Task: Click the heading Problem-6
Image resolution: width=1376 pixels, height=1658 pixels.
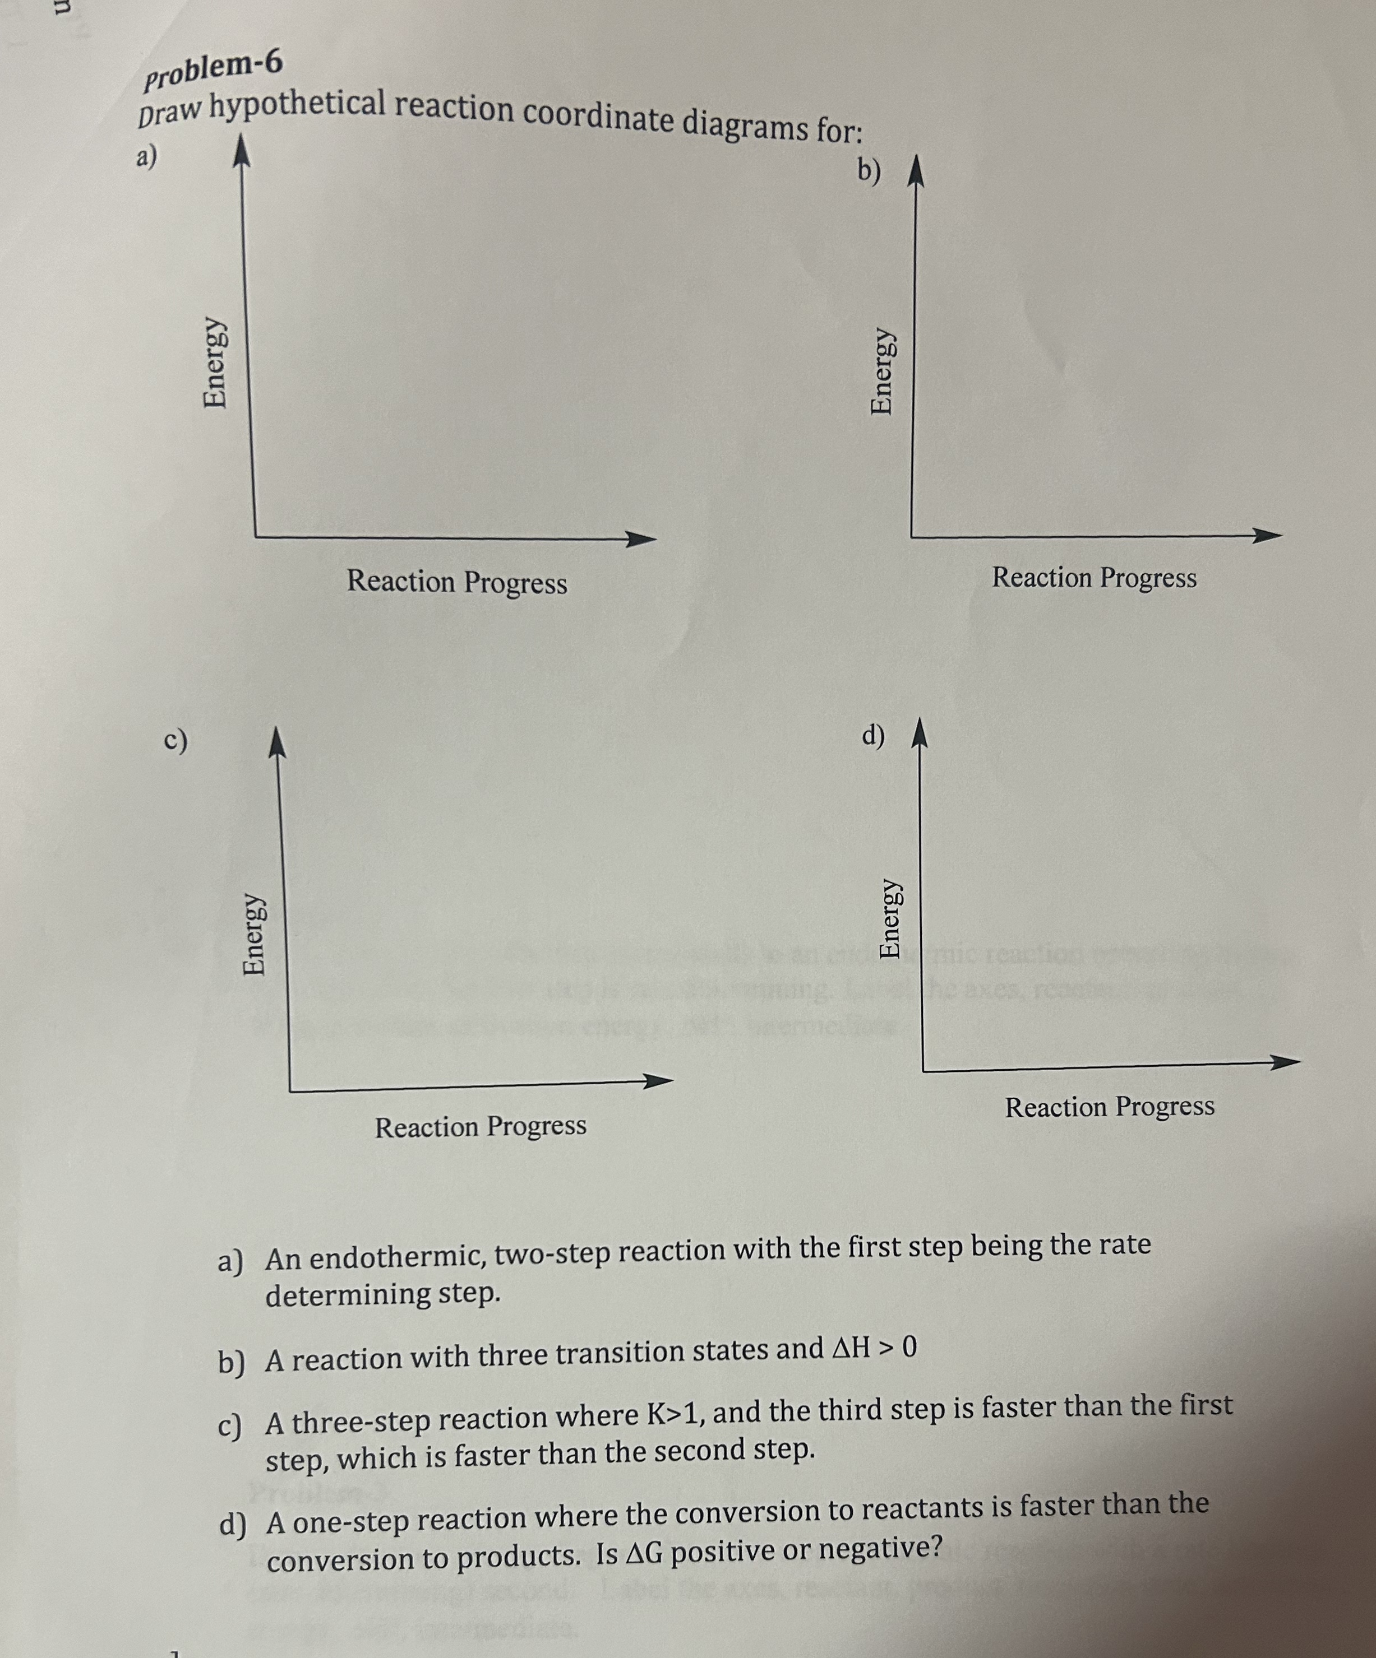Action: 212,71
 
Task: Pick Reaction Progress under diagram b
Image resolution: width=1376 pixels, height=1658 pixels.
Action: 1094,578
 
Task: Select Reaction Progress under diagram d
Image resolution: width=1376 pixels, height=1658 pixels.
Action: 1110,1107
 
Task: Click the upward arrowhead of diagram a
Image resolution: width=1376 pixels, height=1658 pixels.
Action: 240,152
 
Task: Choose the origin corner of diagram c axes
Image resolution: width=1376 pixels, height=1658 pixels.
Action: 289,1091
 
